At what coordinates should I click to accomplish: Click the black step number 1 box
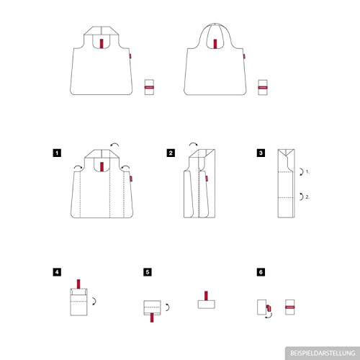pos(57,153)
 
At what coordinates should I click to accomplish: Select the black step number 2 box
pos(171,153)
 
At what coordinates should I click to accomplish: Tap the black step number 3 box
pos(261,153)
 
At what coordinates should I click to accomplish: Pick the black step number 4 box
pos(57,272)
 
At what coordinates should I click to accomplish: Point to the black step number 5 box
pos(148,272)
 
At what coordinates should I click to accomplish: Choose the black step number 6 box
pos(261,272)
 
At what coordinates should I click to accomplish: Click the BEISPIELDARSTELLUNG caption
pos(323,354)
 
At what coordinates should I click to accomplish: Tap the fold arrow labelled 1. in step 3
pos(302,172)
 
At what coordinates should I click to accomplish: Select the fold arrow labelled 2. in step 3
pos(302,197)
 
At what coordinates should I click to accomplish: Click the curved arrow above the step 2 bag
pos(193,143)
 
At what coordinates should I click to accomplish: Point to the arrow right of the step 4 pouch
pos(95,301)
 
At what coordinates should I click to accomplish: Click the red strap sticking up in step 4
pos(78,284)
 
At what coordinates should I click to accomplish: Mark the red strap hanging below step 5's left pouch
pos(152,318)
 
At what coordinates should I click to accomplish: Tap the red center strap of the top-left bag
pos(102,43)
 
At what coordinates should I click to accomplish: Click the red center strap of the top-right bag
pos(215,44)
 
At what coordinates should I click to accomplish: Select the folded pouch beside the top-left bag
pos(149,87)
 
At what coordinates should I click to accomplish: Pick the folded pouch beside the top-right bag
pos(263,87)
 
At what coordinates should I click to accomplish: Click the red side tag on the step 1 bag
pos(131,179)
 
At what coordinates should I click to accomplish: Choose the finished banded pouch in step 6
pos(290,307)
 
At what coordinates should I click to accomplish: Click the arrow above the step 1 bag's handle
pos(114,144)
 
